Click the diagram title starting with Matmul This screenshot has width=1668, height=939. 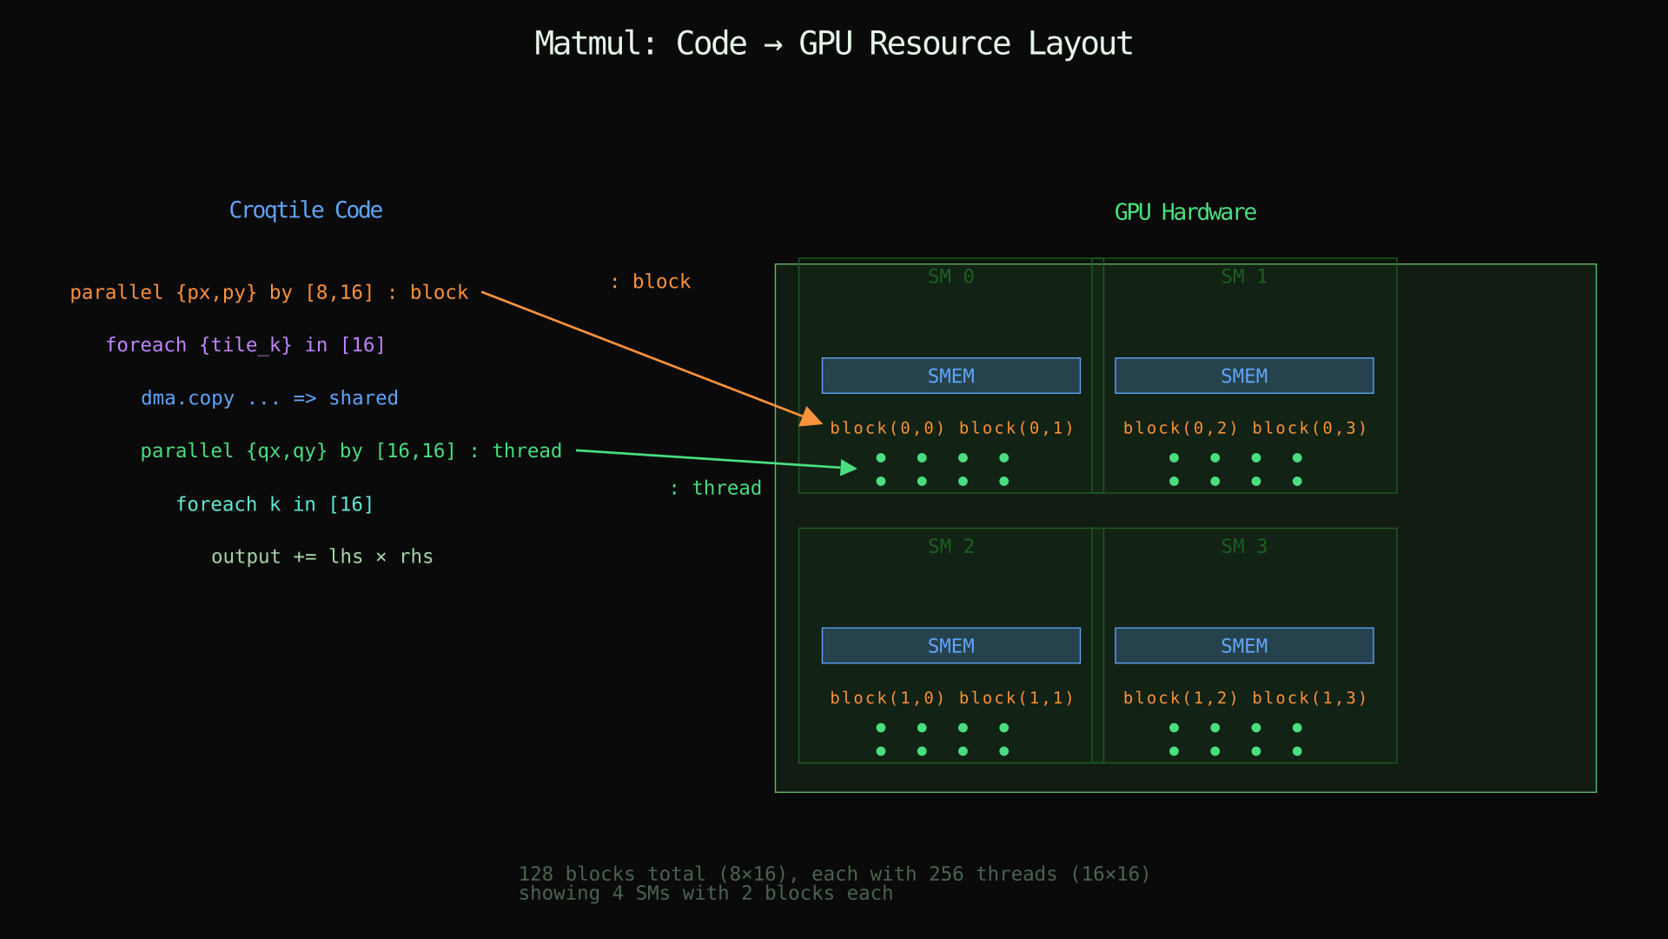[x=833, y=43]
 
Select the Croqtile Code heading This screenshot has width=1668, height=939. [x=306, y=210]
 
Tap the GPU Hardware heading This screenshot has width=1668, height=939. [x=1185, y=212]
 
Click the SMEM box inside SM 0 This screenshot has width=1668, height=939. [x=950, y=376]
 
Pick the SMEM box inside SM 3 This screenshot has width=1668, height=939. [x=1243, y=645]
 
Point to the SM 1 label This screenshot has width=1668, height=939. [x=1243, y=276]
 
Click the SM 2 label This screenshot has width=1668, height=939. [x=950, y=546]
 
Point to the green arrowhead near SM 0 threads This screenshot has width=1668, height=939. [x=849, y=469]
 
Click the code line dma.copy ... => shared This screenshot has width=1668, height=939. [x=269, y=398]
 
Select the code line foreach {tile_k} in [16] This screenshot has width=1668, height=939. [x=245, y=345]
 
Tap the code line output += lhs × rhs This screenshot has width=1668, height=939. [x=321, y=556]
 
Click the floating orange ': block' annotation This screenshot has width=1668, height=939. [x=650, y=282]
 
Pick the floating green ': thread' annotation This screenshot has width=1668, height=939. [x=715, y=489]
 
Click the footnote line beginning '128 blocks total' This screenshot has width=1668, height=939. [x=834, y=874]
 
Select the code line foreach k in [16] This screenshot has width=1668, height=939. [x=275, y=504]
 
